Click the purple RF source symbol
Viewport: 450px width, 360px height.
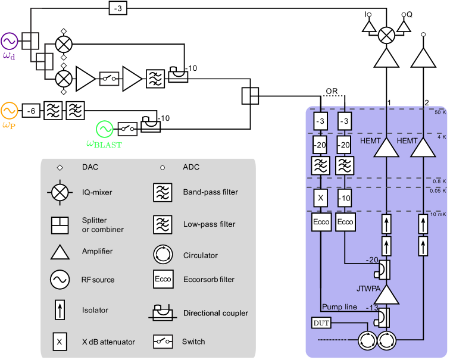click(x=10, y=41)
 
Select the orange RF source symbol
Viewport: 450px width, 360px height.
click(x=9, y=111)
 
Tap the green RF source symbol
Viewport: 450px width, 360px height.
click(x=105, y=129)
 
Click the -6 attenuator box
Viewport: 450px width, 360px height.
click(x=32, y=111)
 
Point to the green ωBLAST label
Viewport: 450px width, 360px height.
click(x=104, y=143)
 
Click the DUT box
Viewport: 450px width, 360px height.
click(x=320, y=323)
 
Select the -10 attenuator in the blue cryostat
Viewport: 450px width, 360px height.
click(x=345, y=197)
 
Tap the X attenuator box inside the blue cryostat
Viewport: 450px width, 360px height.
click(x=321, y=197)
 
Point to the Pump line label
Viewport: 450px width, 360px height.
click(x=340, y=307)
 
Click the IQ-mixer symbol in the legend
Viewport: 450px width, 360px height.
click(x=60, y=193)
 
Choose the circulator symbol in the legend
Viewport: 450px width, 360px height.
click(x=162, y=255)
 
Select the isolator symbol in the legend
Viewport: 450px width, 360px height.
click(x=60, y=311)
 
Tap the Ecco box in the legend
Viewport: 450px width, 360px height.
click(x=162, y=279)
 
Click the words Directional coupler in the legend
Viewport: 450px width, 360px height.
click(x=215, y=313)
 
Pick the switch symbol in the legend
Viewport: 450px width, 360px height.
click(x=162, y=342)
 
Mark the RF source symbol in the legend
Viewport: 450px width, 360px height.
click(x=60, y=280)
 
